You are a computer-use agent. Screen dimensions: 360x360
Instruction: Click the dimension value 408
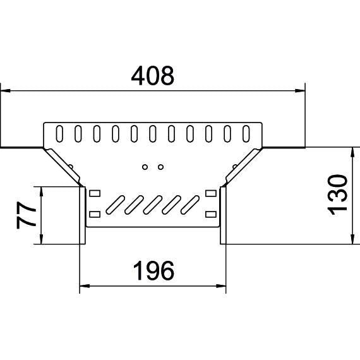[152, 76]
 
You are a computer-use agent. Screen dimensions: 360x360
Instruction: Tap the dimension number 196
[152, 272]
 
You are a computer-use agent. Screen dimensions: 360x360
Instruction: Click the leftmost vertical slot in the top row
[59, 134]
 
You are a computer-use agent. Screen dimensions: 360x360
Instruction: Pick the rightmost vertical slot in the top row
[247, 134]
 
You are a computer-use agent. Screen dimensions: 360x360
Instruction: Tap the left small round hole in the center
[145, 167]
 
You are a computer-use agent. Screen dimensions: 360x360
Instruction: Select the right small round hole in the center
[161, 167]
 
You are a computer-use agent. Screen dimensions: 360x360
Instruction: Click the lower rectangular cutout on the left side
[95, 213]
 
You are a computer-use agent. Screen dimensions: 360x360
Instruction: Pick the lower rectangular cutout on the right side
[210, 213]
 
